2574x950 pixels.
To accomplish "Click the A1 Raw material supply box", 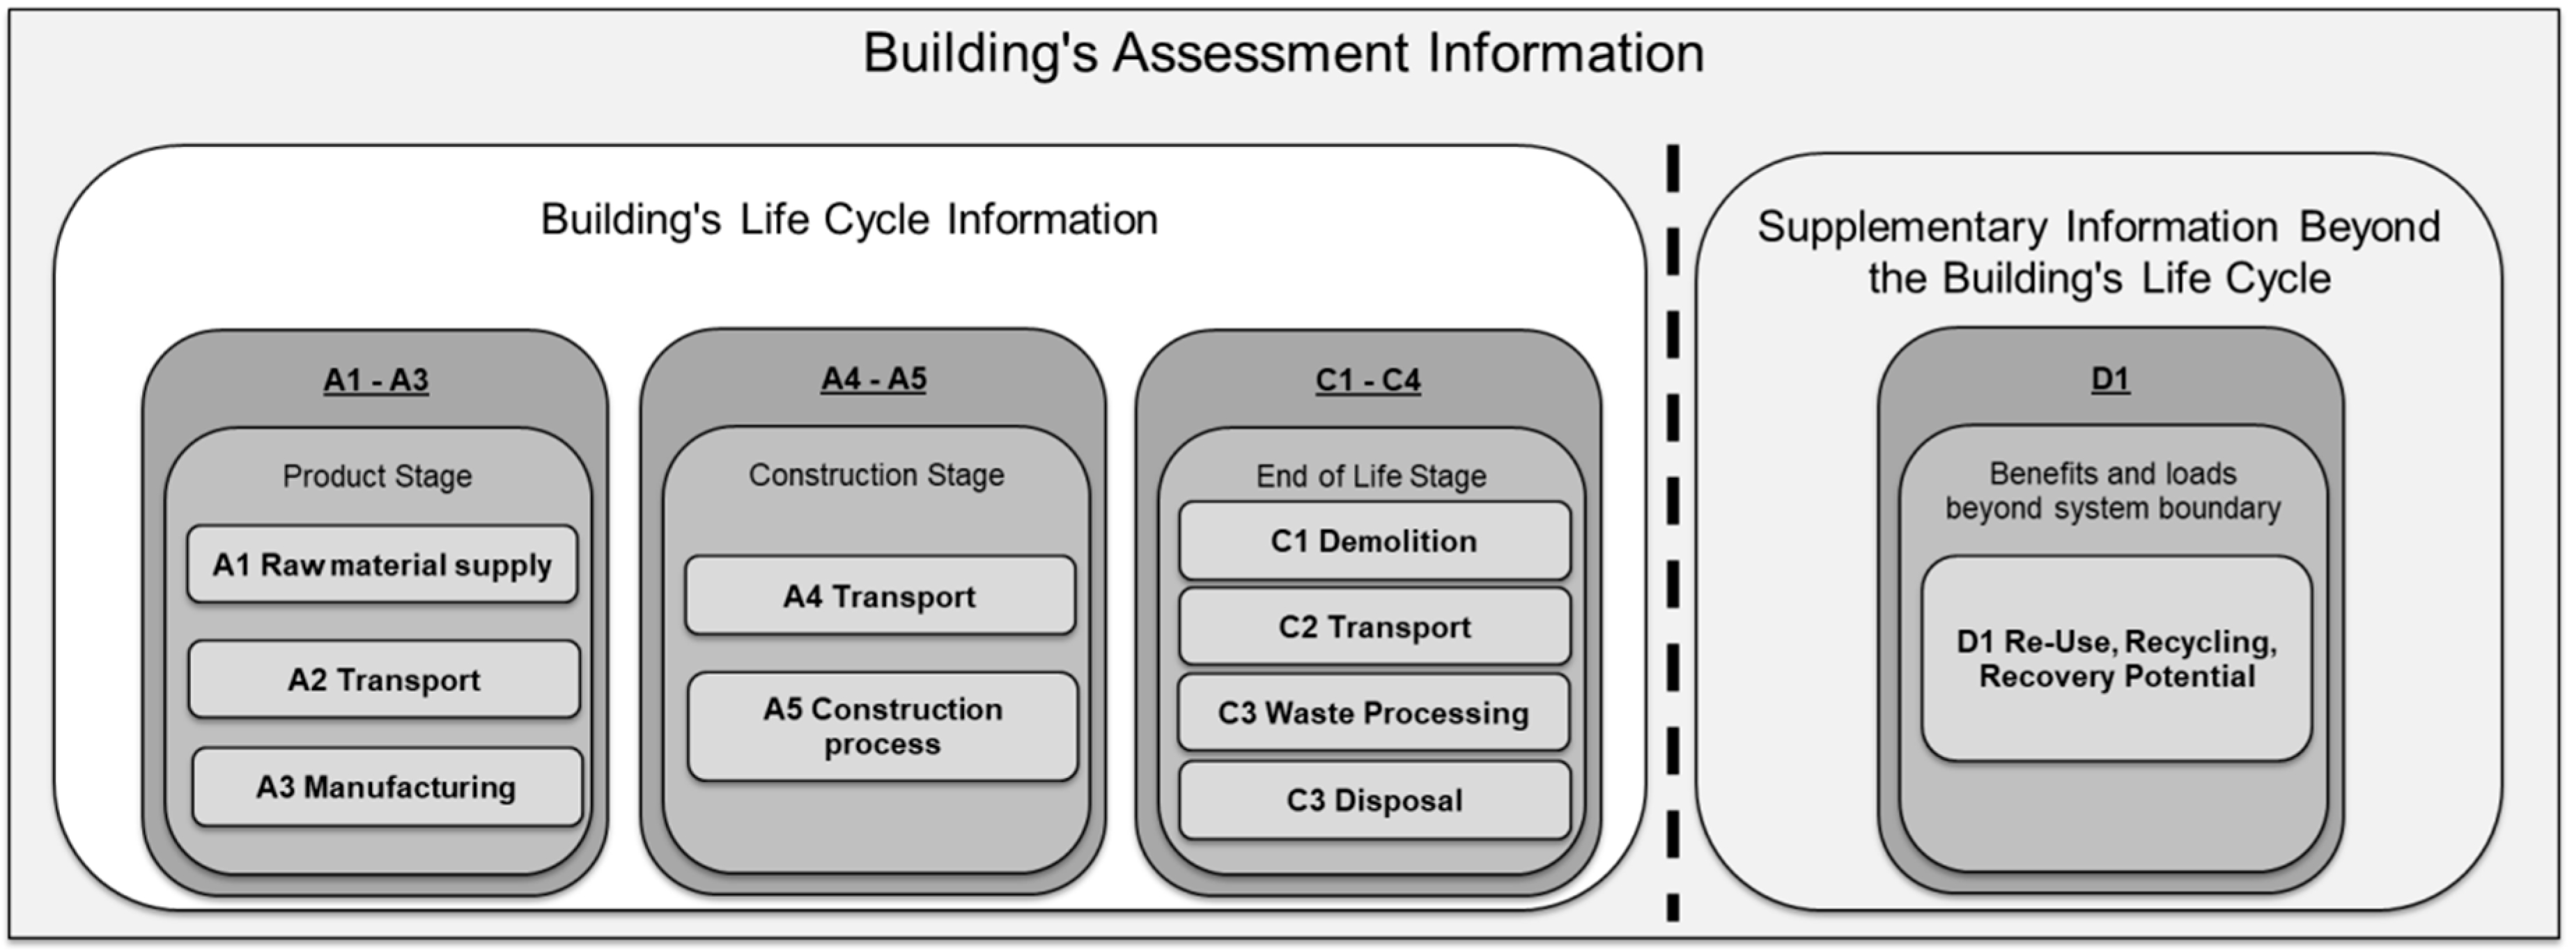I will pyautogui.click(x=382, y=564).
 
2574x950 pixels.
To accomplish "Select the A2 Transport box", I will pyautogui.click(x=384, y=679).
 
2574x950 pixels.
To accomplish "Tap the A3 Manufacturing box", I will pyautogui.click(x=387, y=787).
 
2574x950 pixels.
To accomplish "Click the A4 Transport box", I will pyautogui.click(x=879, y=595).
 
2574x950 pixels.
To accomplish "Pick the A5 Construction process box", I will pyautogui.click(x=883, y=726).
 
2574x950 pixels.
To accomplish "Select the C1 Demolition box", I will pyautogui.click(x=1374, y=540).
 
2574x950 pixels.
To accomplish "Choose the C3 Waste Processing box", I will pyautogui.click(x=1373, y=712).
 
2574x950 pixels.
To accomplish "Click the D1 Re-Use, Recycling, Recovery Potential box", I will pyautogui.click(x=2116, y=660).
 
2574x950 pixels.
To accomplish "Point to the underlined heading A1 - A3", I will pyautogui.click(x=375, y=380).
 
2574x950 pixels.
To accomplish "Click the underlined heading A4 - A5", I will pyautogui.click(x=874, y=380).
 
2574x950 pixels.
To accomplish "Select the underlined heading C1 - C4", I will pyautogui.click(x=1368, y=380).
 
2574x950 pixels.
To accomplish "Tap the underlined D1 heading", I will pyautogui.click(x=2109, y=380).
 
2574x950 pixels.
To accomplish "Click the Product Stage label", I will pyautogui.click(x=377, y=476).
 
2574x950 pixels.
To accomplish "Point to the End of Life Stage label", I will pyautogui.click(x=1371, y=476).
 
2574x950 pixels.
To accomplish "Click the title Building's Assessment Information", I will pyautogui.click(x=1283, y=53).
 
